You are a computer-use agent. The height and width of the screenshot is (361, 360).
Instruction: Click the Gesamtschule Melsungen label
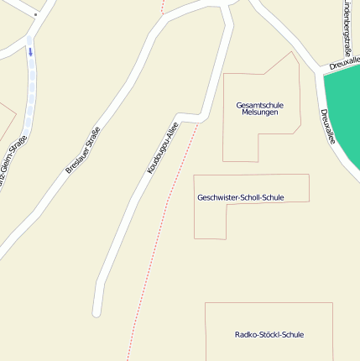[260, 108]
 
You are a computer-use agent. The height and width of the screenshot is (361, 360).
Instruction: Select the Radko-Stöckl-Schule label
[269, 335]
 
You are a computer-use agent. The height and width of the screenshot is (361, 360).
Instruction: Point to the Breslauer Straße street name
[83, 149]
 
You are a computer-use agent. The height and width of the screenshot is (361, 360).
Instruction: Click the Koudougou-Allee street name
[163, 148]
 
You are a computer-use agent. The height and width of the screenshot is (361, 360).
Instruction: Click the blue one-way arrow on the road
[30, 52]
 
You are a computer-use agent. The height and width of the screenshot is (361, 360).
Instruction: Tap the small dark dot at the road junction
[35, 14]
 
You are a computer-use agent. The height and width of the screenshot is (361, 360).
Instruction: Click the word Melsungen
[260, 112]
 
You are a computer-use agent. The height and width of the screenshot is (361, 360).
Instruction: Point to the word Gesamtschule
[260, 105]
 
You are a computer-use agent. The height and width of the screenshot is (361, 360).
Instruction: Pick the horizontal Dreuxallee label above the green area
[344, 63]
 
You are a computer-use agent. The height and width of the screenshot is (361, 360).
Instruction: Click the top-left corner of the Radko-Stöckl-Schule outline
[206, 303]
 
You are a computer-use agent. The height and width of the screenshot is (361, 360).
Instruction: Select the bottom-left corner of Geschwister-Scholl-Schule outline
[195, 238]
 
